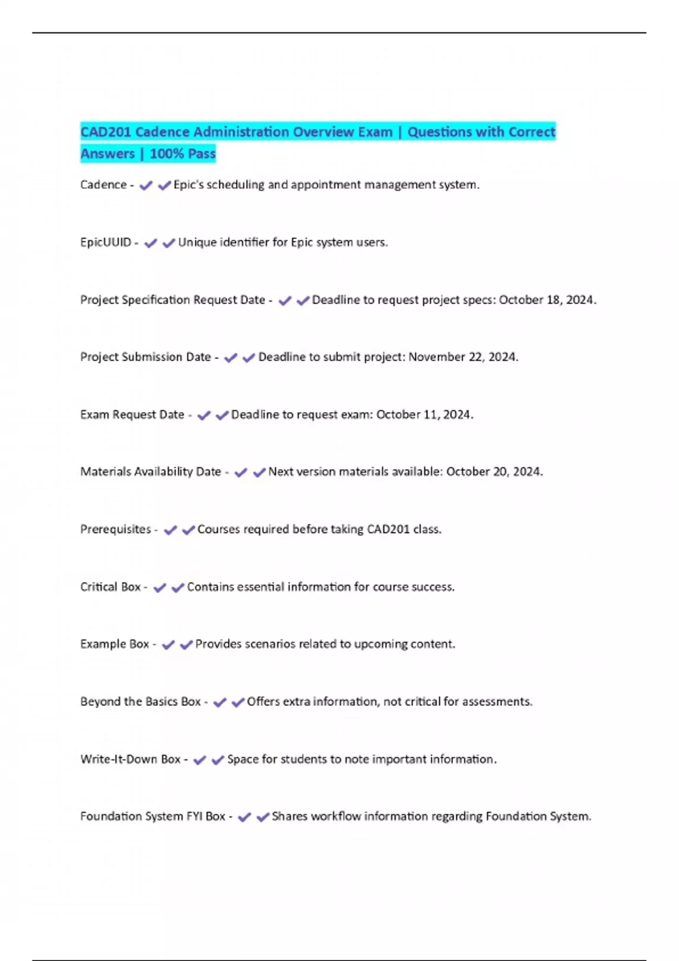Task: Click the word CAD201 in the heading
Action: coord(106,132)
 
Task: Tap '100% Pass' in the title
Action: coord(182,154)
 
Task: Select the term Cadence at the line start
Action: coord(104,185)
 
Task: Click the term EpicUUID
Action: coord(106,243)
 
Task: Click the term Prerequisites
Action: coord(115,530)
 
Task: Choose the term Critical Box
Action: coord(110,587)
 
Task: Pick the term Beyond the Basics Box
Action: coord(140,702)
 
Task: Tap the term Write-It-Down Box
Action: coord(130,759)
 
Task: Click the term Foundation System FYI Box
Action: coord(153,817)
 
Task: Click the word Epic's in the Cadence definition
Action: coord(188,185)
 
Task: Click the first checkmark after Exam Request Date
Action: coord(204,415)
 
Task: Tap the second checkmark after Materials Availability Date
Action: coord(259,473)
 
